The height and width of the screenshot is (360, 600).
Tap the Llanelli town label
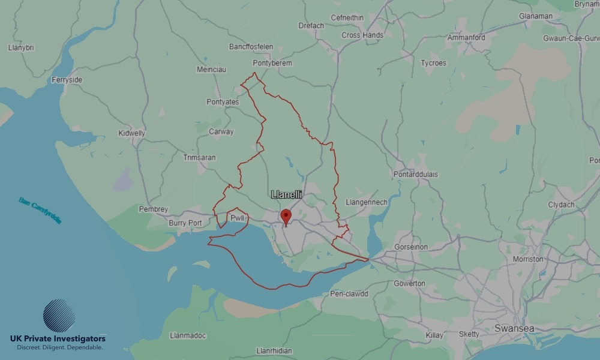click(287, 194)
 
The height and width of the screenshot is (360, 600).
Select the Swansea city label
click(514, 328)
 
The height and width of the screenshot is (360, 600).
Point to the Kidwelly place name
click(132, 133)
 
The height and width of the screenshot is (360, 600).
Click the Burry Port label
click(185, 223)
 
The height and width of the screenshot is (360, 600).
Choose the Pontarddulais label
click(416, 175)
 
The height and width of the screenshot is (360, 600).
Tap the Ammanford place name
click(466, 38)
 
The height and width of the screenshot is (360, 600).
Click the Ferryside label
click(67, 80)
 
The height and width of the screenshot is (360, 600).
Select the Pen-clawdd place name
click(349, 294)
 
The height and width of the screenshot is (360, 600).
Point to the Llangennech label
click(367, 202)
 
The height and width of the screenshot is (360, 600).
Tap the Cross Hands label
click(362, 35)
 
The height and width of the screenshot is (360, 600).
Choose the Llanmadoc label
click(189, 335)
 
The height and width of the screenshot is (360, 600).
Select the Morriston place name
click(528, 259)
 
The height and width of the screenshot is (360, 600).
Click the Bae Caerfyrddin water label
click(40, 211)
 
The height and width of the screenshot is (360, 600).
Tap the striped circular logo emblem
click(59, 316)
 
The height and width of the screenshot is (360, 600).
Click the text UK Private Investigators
click(58, 339)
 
